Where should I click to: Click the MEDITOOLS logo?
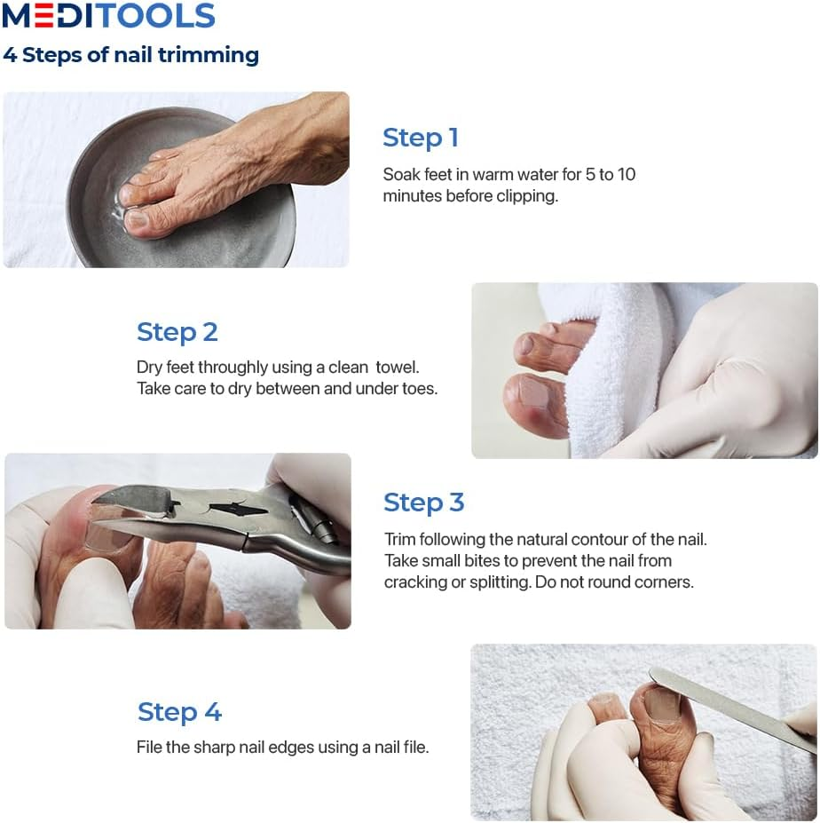pyautogui.click(x=108, y=15)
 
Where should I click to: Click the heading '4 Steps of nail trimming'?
pyautogui.click(x=130, y=55)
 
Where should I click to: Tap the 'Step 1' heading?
pyautogui.click(x=421, y=138)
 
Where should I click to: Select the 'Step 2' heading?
pyautogui.click(x=177, y=332)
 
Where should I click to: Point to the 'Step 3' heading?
pyautogui.click(x=424, y=503)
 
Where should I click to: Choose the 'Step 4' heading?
pyautogui.click(x=179, y=712)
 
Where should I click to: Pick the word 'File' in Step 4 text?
pyautogui.click(x=149, y=747)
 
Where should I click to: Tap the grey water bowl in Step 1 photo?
pyautogui.click(x=179, y=231)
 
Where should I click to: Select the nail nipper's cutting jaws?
pyautogui.click(x=132, y=507)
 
